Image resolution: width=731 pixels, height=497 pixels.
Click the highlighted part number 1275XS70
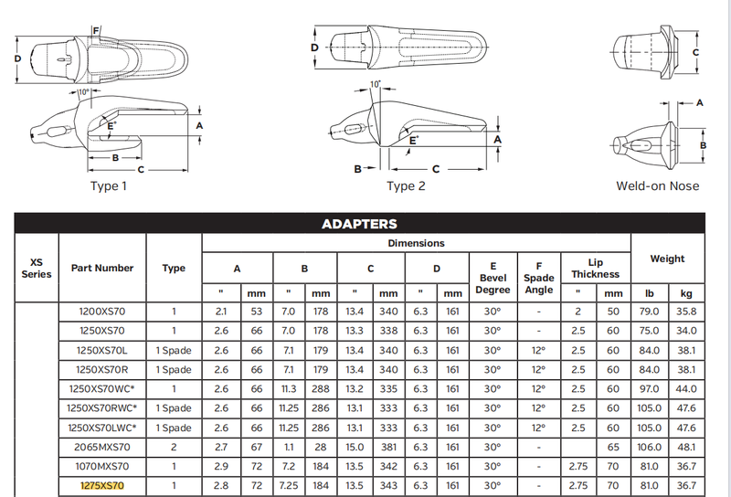pyautogui.click(x=102, y=486)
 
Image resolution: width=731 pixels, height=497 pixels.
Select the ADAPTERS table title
pyautogui.click(x=359, y=224)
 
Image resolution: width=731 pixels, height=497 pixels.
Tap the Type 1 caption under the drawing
pyautogui.click(x=109, y=186)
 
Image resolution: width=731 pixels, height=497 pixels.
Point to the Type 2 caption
pyautogui.click(x=406, y=186)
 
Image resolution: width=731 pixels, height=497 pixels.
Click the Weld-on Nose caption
pyautogui.click(x=657, y=186)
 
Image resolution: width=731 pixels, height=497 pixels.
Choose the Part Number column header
pyautogui.click(x=102, y=268)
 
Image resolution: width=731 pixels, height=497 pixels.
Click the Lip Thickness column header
pyautogui.click(x=596, y=269)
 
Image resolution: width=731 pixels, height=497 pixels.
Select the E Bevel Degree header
pyautogui.click(x=493, y=278)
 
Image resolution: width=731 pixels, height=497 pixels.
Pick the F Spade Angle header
pyautogui.click(x=539, y=278)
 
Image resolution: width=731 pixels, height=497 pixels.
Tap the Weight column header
pyautogui.click(x=667, y=259)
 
